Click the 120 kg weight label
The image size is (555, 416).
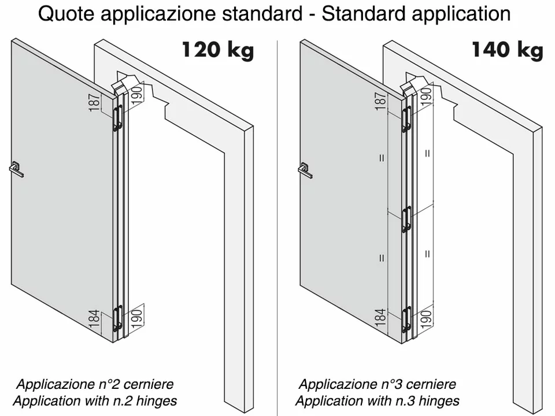coord(218,50)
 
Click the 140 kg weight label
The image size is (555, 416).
coord(507,50)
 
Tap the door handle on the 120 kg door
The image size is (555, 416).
coord(16,169)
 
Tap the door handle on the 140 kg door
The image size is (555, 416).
coord(305,170)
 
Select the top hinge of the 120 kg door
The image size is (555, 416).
coord(117,118)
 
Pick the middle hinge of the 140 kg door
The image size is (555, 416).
coord(406,220)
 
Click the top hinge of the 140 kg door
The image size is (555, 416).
coord(406,119)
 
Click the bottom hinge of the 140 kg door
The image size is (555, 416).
coord(406,320)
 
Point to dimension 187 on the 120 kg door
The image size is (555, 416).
coord(94,103)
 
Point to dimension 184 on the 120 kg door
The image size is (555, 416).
coord(94,318)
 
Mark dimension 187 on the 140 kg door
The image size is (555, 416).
coord(380,101)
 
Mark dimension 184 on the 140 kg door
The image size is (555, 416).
coord(380,317)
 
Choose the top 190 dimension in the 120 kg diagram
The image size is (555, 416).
coord(137,93)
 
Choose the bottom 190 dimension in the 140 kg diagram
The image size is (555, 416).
coord(427,318)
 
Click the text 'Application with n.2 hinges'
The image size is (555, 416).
coord(95,401)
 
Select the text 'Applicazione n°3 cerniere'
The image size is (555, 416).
coord(378,384)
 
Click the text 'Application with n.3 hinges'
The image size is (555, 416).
coord(378,401)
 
